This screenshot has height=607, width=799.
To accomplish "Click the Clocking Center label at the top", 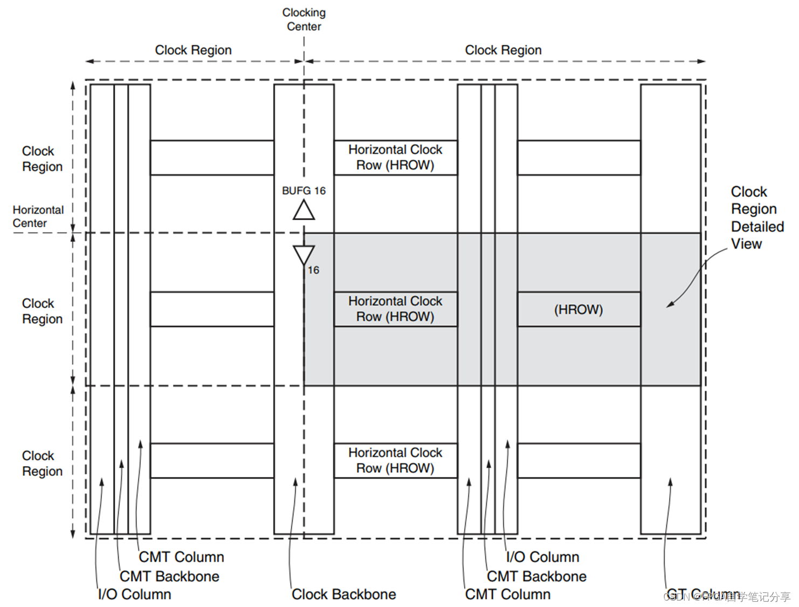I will [304, 19].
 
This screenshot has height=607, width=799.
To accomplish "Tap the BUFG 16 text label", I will [304, 190].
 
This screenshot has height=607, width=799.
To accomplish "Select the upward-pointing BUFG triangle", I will [304, 210].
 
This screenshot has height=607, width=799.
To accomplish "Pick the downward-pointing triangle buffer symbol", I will [304, 255].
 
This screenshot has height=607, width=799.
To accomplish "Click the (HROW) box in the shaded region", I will [578, 309].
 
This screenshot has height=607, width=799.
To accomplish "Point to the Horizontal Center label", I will [38, 216].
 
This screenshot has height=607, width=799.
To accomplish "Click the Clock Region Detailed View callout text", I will [756, 217].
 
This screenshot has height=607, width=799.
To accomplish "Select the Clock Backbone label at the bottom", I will [343, 594].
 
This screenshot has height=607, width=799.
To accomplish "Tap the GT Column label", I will [701, 594].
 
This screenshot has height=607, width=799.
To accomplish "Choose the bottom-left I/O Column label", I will [134, 594].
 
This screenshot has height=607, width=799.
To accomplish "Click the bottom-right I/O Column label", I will [542, 557].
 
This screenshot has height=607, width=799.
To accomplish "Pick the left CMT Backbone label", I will [169, 576].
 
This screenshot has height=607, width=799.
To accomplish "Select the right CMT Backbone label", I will [536, 576].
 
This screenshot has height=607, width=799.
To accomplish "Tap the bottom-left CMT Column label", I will [181, 557].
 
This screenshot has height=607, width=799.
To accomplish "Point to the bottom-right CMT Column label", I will [507, 594].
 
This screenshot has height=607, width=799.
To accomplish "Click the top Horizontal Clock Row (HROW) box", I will [395, 157].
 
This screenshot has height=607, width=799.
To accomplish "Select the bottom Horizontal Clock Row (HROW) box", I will [395, 460].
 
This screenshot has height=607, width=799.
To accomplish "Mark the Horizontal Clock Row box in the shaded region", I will [395, 309].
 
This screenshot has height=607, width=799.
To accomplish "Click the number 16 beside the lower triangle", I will [313, 270].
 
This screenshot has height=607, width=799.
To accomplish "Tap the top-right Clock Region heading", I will [503, 50].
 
